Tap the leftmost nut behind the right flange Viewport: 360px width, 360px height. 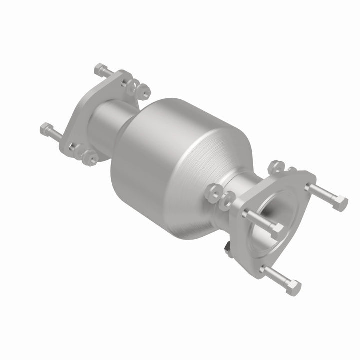click(213, 192)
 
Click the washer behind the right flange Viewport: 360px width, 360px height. click(228, 197)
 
